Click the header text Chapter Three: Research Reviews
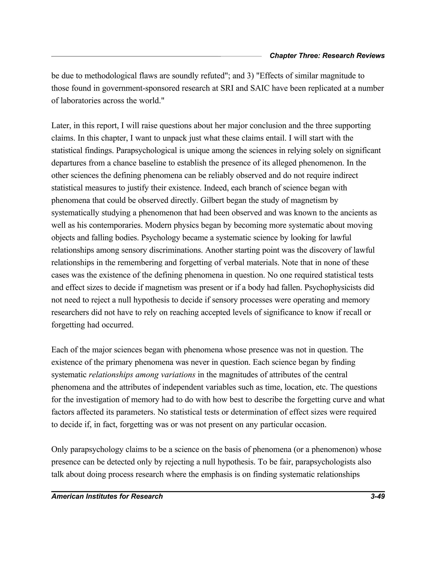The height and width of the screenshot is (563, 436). pyautogui.click(x=327, y=56)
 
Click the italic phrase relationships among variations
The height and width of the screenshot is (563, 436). pyautogui.click(x=142, y=375)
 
